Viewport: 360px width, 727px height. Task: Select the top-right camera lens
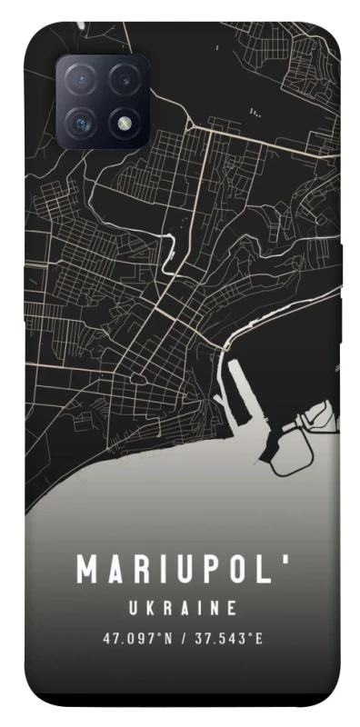(x=125, y=79)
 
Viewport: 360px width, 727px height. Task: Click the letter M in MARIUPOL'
(x=87, y=570)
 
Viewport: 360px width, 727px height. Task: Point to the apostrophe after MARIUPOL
(x=289, y=561)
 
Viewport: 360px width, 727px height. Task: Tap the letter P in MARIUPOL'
(x=212, y=570)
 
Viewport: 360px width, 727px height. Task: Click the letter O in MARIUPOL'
(x=241, y=570)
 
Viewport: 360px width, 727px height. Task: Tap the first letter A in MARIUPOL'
(x=115, y=570)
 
